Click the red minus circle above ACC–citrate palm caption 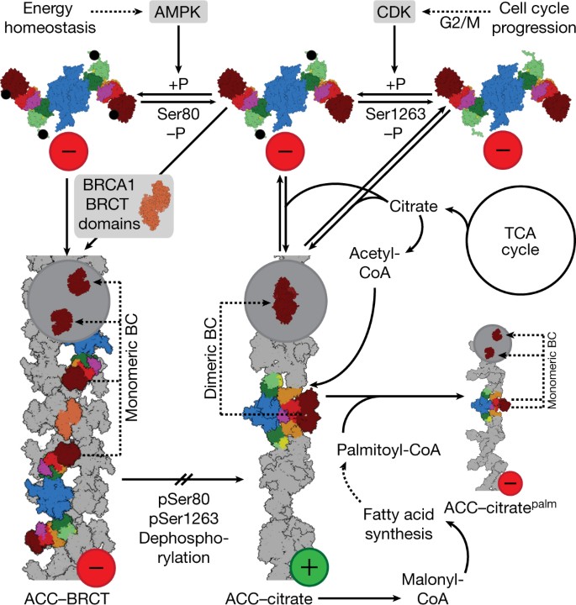click(x=513, y=483)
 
